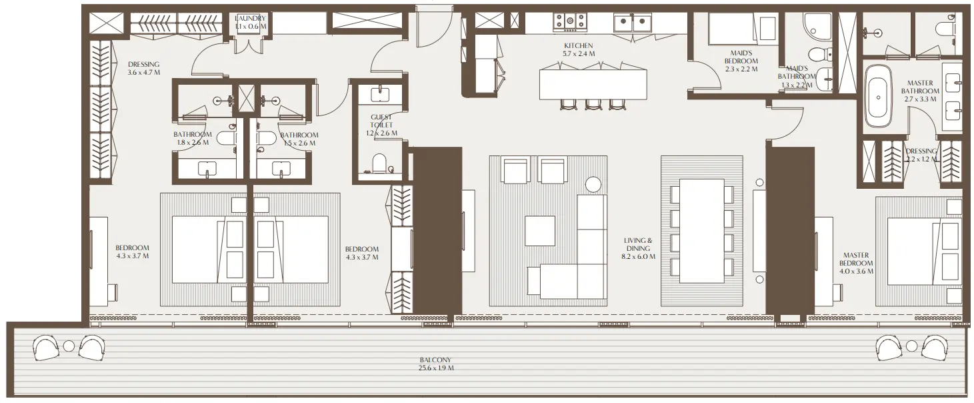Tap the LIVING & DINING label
point(638,244)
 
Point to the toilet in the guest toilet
point(379,163)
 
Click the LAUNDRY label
point(251,18)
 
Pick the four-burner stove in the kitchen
point(571,21)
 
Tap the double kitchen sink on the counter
point(632,23)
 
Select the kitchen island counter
point(593,83)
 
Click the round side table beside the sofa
point(593,183)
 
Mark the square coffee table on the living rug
point(540,231)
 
